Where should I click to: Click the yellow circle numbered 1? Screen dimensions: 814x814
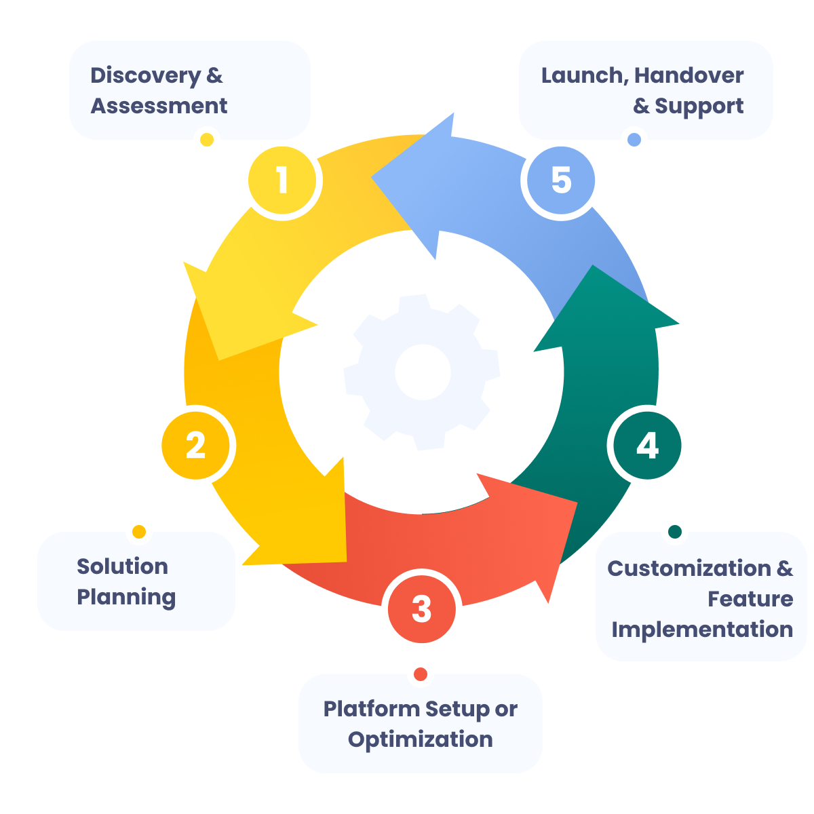[x=282, y=181]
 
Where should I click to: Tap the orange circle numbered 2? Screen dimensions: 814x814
[x=196, y=446]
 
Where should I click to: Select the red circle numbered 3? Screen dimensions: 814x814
[x=421, y=608]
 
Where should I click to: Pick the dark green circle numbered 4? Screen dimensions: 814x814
[x=647, y=446]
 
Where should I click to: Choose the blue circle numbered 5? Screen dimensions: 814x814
[x=561, y=181]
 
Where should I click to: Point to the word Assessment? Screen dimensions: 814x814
[x=159, y=106]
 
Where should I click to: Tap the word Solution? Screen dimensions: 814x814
[x=122, y=566]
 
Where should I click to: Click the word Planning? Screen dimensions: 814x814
[x=126, y=598]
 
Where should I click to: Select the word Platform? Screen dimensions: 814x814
[x=371, y=709]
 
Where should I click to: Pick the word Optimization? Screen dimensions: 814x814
[x=421, y=739]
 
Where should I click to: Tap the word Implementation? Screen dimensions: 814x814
[x=702, y=629]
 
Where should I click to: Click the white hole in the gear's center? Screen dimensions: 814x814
[x=423, y=372]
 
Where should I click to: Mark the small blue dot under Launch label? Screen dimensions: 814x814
[x=634, y=140]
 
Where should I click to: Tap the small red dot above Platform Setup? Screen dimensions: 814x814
[x=421, y=674]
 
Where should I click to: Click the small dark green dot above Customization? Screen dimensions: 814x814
[x=674, y=532]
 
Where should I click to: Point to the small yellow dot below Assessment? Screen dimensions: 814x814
[x=207, y=140]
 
